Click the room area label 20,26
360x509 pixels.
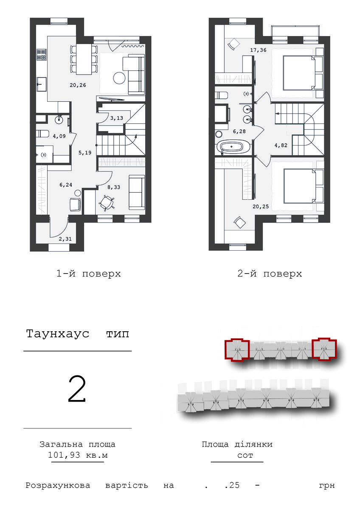click(78, 85)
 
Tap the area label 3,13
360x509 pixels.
click(116, 118)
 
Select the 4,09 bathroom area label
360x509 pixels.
click(59, 136)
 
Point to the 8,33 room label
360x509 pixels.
click(114, 187)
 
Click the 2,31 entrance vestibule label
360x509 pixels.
click(65, 239)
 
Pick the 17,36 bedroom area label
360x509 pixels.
click(258, 50)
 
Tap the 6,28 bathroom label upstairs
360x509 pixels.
click(239, 131)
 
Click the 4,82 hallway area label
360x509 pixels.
click(281, 145)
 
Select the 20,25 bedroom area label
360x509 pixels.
click(261, 207)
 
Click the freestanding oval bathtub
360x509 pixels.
click(231, 147)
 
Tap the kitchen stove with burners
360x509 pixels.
click(42, 55)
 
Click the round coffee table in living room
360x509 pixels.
click(119, 78)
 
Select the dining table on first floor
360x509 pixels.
click(84, 59)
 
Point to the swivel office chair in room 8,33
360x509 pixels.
click(107, 202)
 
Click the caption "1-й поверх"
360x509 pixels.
click(88, 274)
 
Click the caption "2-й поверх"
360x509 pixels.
click(270, 274)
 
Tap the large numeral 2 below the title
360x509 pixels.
click(77, 389)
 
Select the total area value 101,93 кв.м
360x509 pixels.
click(78, 455)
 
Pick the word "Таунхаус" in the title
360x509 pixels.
click(58, 334)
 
